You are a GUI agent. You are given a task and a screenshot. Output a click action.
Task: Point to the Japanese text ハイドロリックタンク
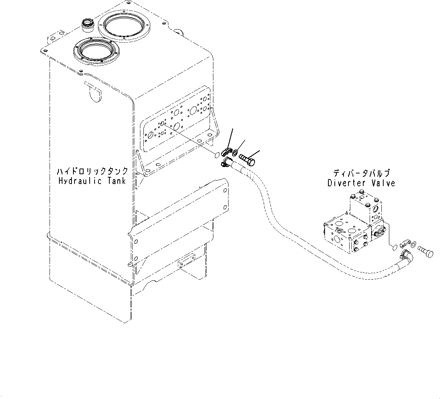93,172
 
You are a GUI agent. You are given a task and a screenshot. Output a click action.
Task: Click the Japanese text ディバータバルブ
361,174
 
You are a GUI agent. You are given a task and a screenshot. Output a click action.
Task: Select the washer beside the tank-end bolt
235,153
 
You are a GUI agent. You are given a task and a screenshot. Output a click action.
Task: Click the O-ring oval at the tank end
216,155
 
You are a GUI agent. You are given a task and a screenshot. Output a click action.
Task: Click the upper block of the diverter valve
365,206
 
